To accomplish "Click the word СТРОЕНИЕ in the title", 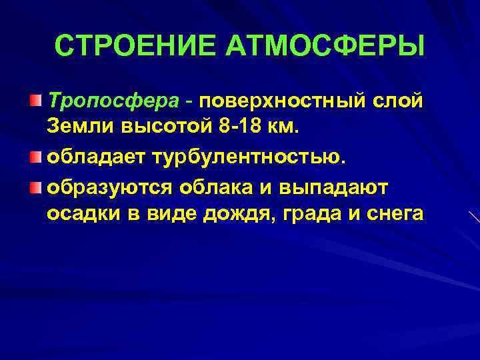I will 137,46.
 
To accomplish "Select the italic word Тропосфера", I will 113,101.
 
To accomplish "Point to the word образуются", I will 111,188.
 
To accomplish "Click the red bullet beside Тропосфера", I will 35,101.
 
